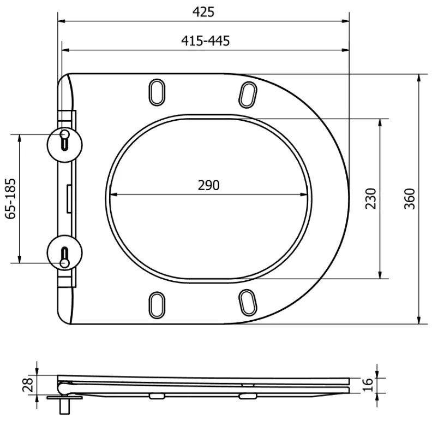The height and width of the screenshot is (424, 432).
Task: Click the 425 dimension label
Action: (203, 11)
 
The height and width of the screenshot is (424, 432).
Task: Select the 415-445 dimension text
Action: (205, 40)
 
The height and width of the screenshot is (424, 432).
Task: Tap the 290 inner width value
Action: (208, 185)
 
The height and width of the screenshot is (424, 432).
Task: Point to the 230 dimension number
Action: (370, 198)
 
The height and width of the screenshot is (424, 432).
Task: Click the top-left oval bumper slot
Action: (157, 92)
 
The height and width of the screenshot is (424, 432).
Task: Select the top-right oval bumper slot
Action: (248, 93)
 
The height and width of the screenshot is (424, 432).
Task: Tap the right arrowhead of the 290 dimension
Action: (307, 194)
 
